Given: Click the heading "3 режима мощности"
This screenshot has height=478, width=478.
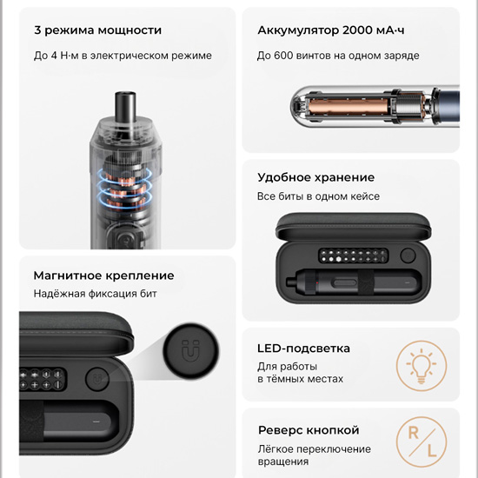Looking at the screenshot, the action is pyautogui.click(x=97, y=30).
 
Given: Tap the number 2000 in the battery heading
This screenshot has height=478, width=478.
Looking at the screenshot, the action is pyautogui.click(x=357, y=30).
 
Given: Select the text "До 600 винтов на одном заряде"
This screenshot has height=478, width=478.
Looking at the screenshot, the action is pyautogui.click(x=338, y=56).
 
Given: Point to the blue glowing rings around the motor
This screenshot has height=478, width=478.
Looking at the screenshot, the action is pyautogui.click(x=124, y=189).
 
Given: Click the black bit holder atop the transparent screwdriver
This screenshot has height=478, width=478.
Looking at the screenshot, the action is pyautogui.click(x=125, y=107).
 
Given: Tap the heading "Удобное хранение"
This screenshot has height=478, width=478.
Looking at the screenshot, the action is pyautogui.click(x=315, y=177).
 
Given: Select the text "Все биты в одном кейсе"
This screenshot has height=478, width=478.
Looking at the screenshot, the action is pyautogui.click(x=318, y=196).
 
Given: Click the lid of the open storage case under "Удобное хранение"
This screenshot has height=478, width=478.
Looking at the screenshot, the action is pyautogui.click(x=354, y=226).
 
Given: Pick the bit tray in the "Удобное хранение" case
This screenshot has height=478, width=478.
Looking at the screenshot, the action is pyautogui.click(x=353, y=256).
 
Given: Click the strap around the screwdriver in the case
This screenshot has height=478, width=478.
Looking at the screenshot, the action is pyautogui.click(x=366, y=282).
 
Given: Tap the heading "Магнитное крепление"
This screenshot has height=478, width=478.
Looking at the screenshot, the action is pyautogui.click(x=104, y=276).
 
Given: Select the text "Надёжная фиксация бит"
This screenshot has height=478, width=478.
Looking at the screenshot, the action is pyautogui.click(x=95, y=294).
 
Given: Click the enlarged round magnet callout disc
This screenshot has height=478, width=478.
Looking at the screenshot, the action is pyautogui.click(x=191, y=351).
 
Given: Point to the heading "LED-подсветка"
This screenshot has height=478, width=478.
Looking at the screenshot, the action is pyautogui.click(x=303, y=349).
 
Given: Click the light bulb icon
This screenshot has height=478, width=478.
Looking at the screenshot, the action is pyautogui.click(x=422, y=366).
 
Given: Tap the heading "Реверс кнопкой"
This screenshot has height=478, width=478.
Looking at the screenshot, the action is pyautogui.click(x=309, y=430).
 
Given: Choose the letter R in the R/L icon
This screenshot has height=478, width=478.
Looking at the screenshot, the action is pyautogui.click(x=413, y=433).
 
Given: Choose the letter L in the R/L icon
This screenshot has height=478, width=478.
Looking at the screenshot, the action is pyautogui.click(x=432, y=450).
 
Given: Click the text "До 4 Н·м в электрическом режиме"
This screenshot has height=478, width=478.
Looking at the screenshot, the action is pyautogui.click(x=123, y=56).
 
